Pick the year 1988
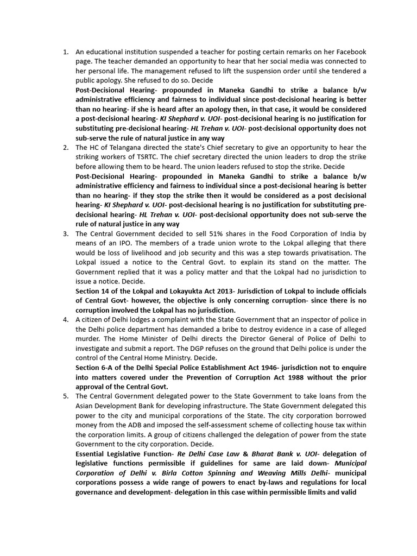(298, 377)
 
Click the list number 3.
(65, 234)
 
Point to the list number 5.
(65, 396)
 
